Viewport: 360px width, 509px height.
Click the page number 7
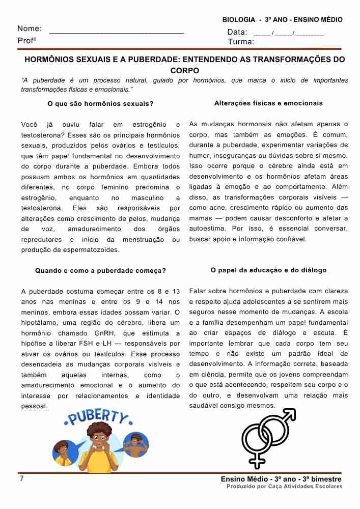[21, 478]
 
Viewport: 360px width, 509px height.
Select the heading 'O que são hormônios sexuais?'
[100, 104]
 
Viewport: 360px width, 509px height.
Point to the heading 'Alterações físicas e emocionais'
[268, 103]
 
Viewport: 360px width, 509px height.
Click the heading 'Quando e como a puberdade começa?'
[100, 271]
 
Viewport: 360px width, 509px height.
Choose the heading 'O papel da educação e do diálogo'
[268, 270]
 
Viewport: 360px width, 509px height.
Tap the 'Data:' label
[237, 32]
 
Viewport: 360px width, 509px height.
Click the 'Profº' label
[27, 41]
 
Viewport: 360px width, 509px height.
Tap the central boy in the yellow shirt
[100, 448]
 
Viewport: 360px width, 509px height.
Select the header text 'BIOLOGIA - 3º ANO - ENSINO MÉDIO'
[283, 19]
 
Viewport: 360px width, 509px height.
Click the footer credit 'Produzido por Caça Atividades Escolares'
[285, 487]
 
